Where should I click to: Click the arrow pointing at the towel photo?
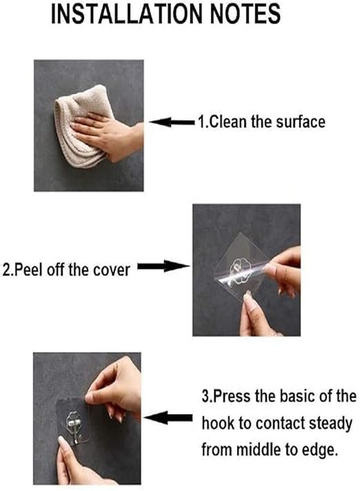pyautogui.click(x=173, y=122)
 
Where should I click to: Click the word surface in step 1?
pyautogui.click(x=301, y=122)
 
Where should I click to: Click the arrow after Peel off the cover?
pyautogui.click(x=164, y=266)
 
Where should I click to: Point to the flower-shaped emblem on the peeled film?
pyautogui.click(x=241, y=272)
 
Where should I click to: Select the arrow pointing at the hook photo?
pyautogui.click(x=168, y=418)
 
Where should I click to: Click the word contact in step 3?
pyautogui.click(x=280, y=424)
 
